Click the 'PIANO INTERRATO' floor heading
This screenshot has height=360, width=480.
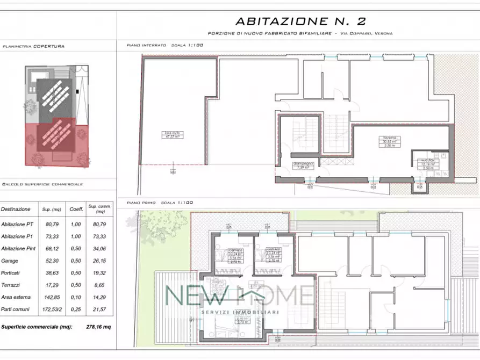pos(146,45)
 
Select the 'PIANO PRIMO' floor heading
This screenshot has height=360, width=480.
pos(142,203)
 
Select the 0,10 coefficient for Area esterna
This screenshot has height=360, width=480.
pos(73,297)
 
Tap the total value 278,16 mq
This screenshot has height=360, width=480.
pos(98,326)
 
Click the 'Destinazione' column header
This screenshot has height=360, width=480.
pos(16,209)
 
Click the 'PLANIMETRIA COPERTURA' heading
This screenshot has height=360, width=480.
pos(33,47)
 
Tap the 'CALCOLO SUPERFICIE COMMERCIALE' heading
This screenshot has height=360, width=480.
pos(42,184)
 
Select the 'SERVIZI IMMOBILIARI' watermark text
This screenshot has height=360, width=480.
pos(239,312)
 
